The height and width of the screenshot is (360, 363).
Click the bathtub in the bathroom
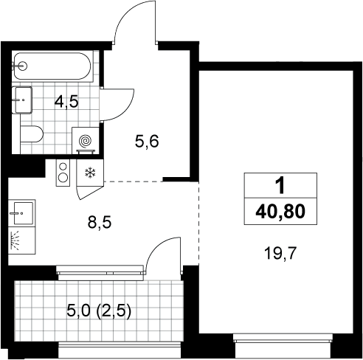click(x=52, y=66)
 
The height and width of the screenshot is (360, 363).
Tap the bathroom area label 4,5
click(x=66, y=102)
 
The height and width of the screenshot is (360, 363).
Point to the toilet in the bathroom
click(x=32, y=134)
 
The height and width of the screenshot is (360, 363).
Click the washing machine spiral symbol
click(x=86, y=141)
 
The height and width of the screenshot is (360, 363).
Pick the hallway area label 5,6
click(x=147, y=142)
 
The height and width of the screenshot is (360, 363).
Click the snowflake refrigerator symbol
click(x=90, y=173)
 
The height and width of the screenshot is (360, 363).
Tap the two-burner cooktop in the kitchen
click(x=63, y=173)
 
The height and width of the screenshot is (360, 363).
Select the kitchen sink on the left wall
click(x=23, y=213)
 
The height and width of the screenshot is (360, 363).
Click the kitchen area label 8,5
click(x=100, y=223)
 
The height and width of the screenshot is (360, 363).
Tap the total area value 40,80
click(x=280, y=212)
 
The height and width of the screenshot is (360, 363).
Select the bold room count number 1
click(x=280, y=185)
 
